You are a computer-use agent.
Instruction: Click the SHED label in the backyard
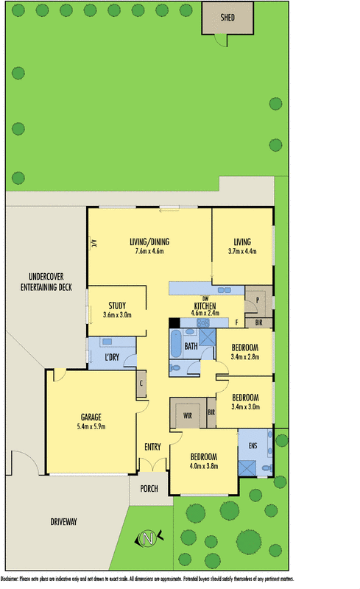pos(228,18)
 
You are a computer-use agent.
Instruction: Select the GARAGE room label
pos(91,417)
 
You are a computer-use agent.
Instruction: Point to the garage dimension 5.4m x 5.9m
pos(91,426)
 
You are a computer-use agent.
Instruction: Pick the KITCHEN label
pos(205,306)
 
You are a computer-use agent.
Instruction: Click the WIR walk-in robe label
pos(188,415)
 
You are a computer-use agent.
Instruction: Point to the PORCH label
pos(149,488)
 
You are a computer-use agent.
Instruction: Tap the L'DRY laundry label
pos(113,357)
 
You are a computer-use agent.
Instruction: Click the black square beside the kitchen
pos(174,322)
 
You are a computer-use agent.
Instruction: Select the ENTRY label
pos(152,447)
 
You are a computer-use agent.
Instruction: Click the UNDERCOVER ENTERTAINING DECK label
pos(46,283)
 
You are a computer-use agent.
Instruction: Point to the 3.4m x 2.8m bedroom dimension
pos(245,357)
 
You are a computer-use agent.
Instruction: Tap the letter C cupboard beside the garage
pos(141,383)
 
